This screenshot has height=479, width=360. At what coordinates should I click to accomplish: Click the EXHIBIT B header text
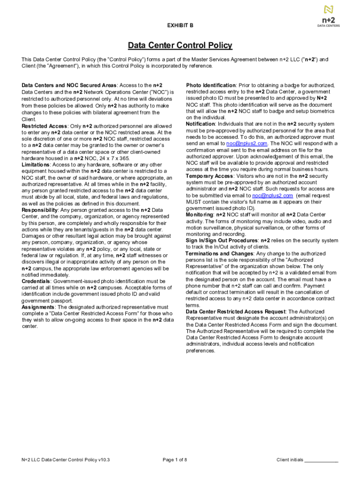pyautogui.click(x=180, y=25)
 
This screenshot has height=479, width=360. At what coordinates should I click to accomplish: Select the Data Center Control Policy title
pyautogui.click(x=180, y=45)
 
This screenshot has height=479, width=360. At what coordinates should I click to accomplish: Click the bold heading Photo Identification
pyautogui.click(x=211, y=86)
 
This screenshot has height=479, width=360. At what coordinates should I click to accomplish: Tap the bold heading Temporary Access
pyautogui.click(x=209, y=176)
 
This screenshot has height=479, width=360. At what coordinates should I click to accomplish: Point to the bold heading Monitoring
pyautogui.click(x=200, y=215)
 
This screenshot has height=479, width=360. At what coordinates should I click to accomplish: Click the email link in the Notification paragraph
pyautogui.click(x=246, y=144)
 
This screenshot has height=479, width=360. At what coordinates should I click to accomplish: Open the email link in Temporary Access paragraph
pyautogui.click(x=273, y=196)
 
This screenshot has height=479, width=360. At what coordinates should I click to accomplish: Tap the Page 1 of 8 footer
pyautogui.click(x=175, y=460)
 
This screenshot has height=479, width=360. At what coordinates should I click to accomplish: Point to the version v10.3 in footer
pyautogui.click(x=104, y=460)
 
